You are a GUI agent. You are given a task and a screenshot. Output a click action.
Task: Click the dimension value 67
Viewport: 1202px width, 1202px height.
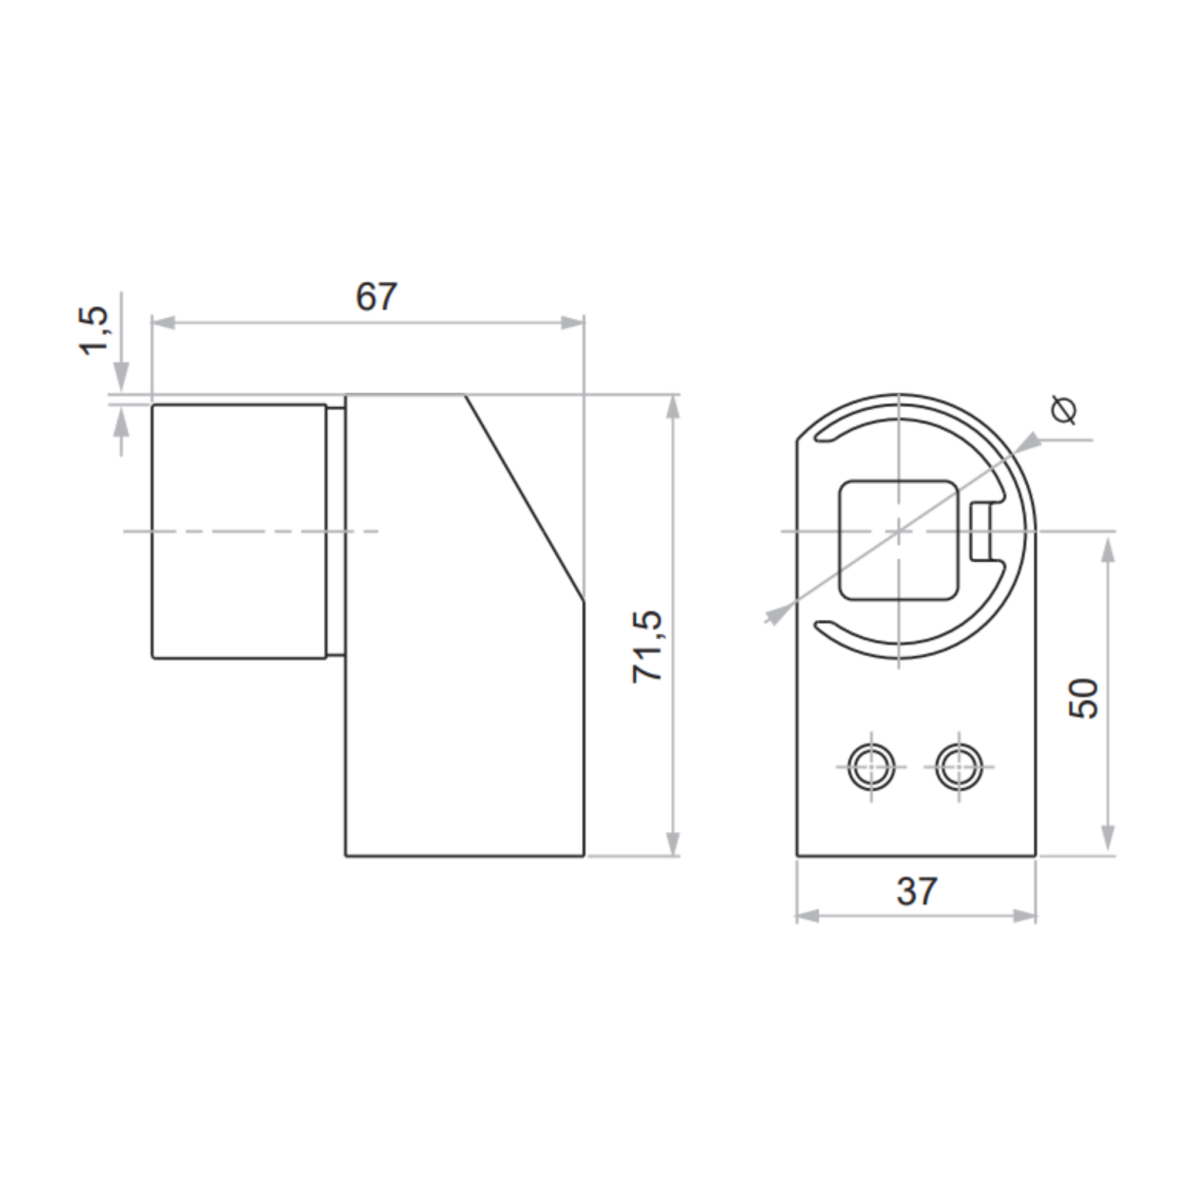pos(376,297)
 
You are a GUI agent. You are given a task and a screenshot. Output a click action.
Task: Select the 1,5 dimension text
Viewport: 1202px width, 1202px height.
pos(94,331)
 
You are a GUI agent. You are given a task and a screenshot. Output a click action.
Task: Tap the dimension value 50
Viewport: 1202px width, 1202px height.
pos(1083,698)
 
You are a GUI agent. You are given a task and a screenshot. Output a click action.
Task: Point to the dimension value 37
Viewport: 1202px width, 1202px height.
pos(916,892)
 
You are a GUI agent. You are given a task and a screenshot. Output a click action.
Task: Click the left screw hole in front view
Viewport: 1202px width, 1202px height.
pos(871,767)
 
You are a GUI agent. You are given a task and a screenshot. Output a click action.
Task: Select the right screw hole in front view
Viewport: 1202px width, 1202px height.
pos(959,767)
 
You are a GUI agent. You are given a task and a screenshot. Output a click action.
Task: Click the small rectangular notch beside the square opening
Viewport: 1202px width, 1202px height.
pos(980,532)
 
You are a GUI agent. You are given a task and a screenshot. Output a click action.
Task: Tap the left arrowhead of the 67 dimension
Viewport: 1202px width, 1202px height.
pos(163,322)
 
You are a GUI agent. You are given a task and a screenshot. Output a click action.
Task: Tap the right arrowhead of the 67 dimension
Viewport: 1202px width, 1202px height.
pos(572,322)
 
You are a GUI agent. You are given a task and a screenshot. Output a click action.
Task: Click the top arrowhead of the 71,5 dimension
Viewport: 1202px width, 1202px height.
pos(673,406)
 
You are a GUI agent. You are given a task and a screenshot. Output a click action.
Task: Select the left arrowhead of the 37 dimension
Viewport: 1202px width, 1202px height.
pos(808,916)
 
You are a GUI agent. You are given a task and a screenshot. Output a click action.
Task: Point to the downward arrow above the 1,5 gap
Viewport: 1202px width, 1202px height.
pos(122,376)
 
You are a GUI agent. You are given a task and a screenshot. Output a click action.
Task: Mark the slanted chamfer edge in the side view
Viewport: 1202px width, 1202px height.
pos(525,498)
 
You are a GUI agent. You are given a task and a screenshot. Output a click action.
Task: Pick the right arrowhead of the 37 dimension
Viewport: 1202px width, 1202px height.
pos(1024,916)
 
